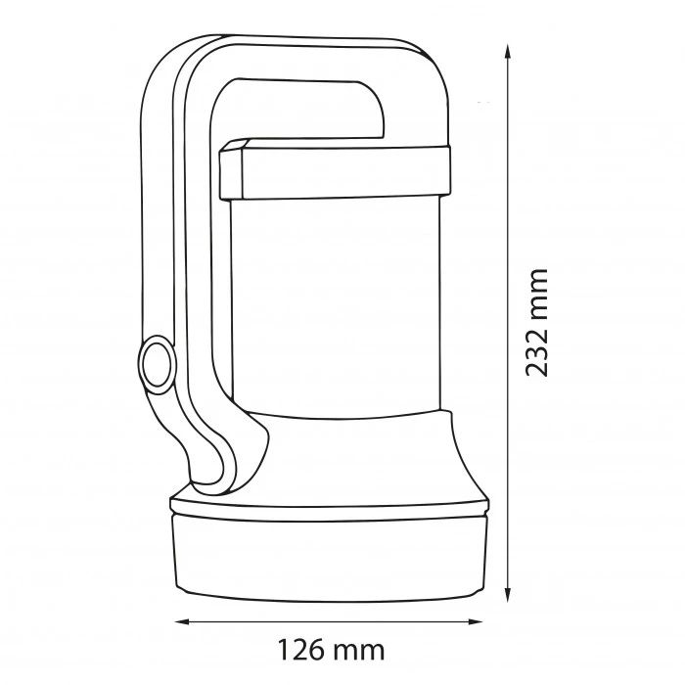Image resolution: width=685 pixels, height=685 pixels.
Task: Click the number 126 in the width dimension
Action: tap(301, 650)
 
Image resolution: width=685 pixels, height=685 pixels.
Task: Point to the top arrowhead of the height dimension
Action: tap(507, 52)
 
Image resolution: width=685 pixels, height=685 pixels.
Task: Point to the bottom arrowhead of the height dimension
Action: tap(507, 594)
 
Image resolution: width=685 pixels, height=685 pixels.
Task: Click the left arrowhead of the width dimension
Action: tap(182, 621)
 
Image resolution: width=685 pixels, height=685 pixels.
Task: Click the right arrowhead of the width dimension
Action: tap(475, 621)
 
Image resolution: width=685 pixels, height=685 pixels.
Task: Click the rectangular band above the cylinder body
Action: tap(335, 171)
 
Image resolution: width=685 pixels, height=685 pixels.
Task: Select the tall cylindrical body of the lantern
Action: tap(336, 305)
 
